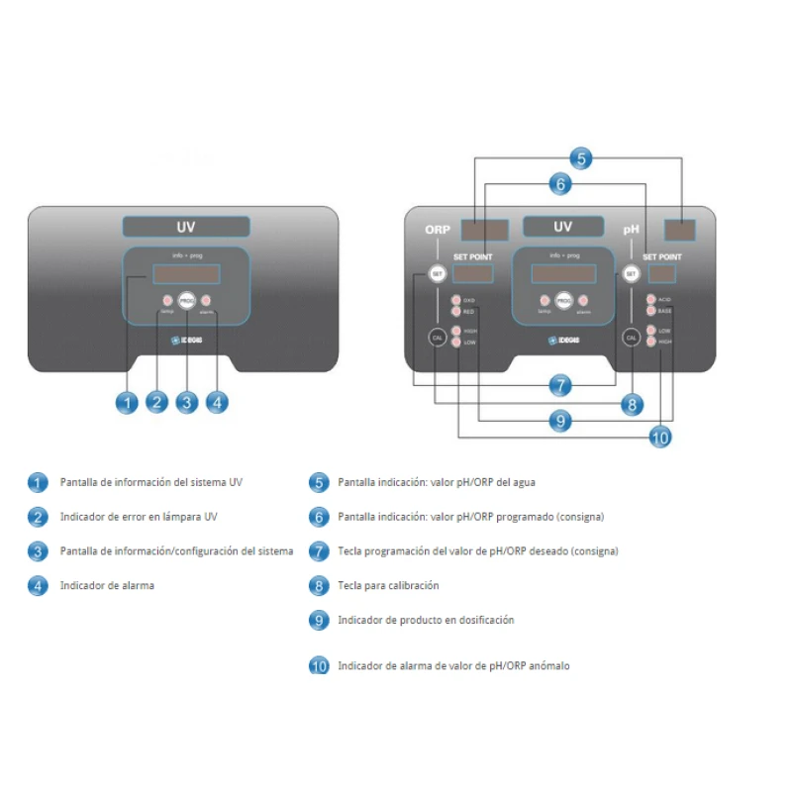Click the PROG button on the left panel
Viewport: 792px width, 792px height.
[x=186, y=300]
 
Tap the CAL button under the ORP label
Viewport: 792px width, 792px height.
[x=438, y=337]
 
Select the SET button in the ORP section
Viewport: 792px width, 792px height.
[x=438, y=274]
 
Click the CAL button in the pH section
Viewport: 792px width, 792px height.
[x=631, y=337]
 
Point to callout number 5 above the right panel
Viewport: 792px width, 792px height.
[x=582, y=157]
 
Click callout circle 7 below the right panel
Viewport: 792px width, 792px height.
[x=560, y=385]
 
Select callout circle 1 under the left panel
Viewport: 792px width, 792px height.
[x=126, y=403]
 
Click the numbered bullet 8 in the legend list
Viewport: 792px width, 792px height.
[x=318, y=585]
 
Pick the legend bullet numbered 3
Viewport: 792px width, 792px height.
[x=38, y=551]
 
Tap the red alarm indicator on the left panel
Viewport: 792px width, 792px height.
[x=206, y=300]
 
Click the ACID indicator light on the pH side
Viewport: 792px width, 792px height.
[x=650, y=299]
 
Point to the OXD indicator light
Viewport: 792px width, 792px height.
[x=456, y=300]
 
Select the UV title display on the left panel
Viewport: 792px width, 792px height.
[x=186, y=227]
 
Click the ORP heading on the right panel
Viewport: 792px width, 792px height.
[x=438, y=230]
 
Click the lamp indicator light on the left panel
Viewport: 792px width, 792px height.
[x=166, y=300]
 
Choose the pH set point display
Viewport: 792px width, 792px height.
[x=662, y=273]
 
